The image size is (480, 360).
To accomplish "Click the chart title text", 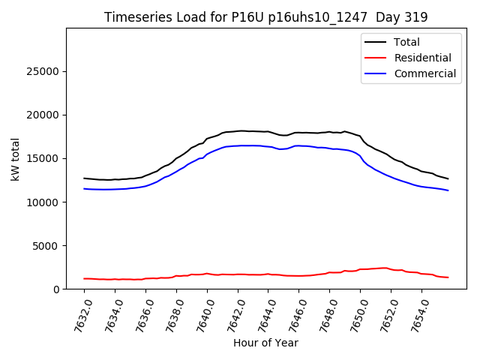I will click(265, 17).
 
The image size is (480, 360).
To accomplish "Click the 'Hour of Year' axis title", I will click(265, 343).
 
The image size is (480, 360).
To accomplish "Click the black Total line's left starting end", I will click(84, 178).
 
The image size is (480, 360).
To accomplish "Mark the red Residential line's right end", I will click(448, 277).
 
